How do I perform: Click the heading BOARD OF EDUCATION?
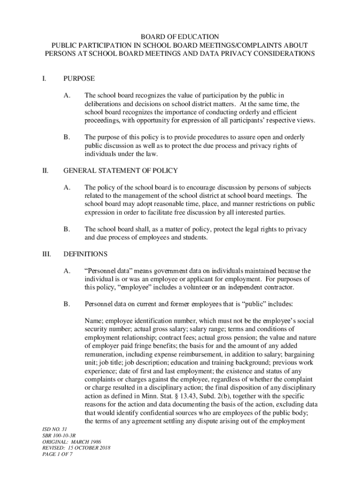point(180,36)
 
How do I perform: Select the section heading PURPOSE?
point(79,79)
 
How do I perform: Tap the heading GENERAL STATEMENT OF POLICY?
point(120,170)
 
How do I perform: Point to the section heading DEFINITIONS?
point(86,254)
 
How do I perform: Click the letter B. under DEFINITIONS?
point(67,304)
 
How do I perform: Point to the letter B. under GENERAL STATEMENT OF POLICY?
point(67,229)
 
